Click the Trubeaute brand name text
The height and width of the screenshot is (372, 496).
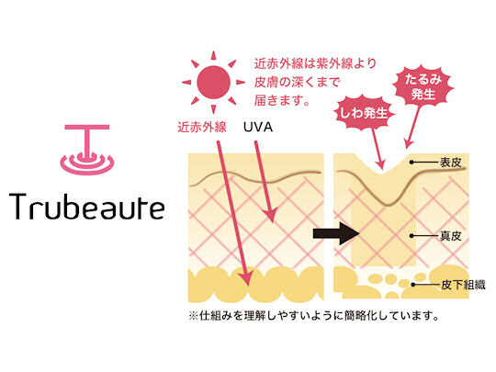87,207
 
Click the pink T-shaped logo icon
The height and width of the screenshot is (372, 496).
87,150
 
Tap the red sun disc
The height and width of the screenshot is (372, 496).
213,83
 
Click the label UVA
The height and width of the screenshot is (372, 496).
258,127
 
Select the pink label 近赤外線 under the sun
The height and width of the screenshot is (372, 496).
202,127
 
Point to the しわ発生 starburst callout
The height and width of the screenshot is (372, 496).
365,113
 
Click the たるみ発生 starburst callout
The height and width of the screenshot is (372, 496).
423,86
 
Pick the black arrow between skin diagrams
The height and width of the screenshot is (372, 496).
336,234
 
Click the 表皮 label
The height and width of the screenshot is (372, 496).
451,163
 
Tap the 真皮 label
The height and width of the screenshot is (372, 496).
451,236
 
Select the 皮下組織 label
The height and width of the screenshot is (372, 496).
463,285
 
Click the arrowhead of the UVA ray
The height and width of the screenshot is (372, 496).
270,215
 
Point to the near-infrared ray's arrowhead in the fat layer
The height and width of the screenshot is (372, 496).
245,278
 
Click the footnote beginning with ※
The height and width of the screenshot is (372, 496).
313,315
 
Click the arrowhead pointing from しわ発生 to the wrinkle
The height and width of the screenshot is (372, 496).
380,164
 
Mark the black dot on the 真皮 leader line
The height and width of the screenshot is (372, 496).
411,236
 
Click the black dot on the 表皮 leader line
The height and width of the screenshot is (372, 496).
411,163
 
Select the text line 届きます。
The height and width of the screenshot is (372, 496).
282,101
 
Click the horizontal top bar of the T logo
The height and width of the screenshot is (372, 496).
87,127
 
